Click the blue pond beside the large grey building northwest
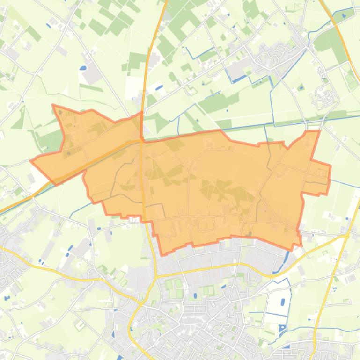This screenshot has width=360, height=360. (83, 68)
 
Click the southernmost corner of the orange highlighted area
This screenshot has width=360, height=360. (163, 255)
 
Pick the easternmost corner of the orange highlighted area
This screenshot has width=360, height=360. (331, 165)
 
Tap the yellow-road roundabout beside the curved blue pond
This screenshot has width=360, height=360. (271, 275)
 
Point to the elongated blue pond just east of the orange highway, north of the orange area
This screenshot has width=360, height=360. (159, 87)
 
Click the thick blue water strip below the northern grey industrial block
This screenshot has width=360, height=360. (239, 79)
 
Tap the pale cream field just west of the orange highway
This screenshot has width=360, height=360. (133, 86)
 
